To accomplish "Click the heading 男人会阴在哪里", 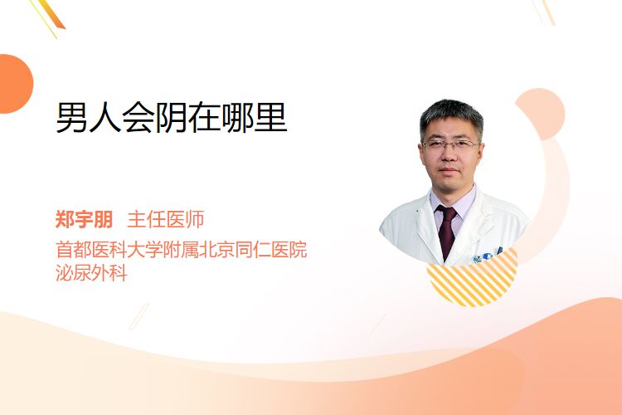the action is pos(172,118).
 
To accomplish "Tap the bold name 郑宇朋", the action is pos(84,219).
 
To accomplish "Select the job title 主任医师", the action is pos(165,219).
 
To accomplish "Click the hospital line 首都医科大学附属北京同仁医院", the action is pos(182,249).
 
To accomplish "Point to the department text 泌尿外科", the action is pos(91,272).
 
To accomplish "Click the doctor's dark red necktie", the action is pos(447,232).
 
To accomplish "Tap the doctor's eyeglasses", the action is pos(450,145).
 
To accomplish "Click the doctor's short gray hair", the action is pos(451,115).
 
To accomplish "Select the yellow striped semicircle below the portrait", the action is pos(472,280).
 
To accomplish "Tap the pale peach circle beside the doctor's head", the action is pos(540,114).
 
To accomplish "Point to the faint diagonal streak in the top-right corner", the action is pos(544,12).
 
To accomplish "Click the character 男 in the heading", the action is pos(72,118).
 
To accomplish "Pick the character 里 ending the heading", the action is pos(271,118).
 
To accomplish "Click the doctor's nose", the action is pos(449,156).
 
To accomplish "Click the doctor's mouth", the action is pos(449,170).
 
